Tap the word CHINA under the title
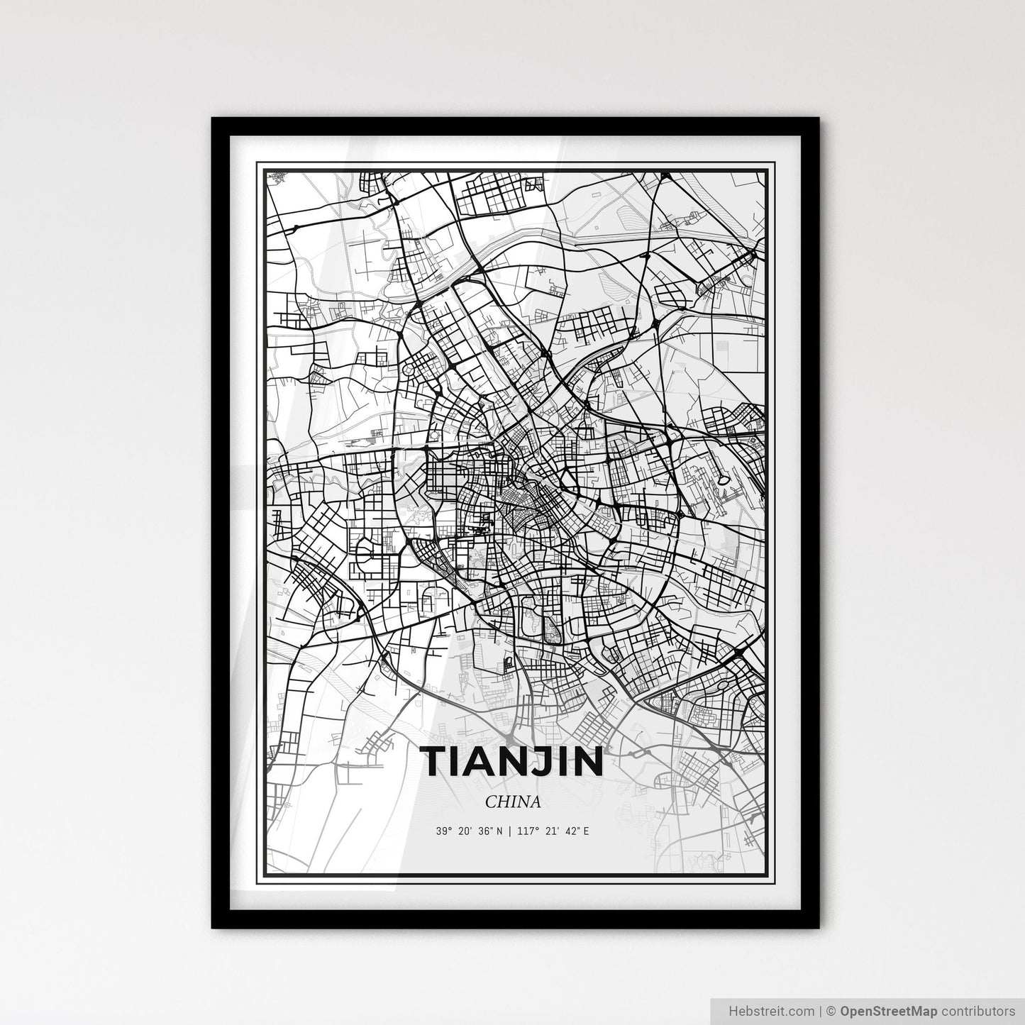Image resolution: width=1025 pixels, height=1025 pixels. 513,802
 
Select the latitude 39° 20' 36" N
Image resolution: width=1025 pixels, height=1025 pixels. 470,831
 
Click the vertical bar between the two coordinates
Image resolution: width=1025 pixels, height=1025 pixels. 509,831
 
